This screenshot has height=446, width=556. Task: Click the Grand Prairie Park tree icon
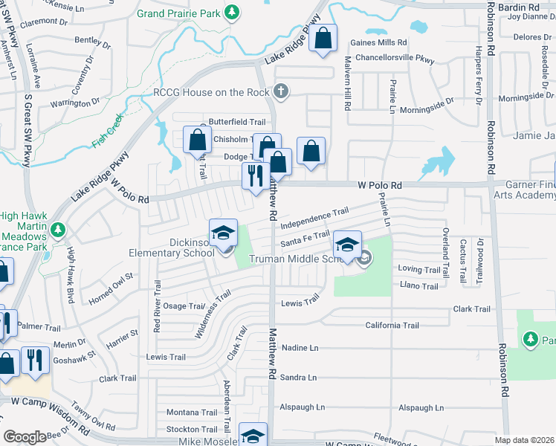233,13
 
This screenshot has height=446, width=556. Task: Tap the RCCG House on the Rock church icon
280,92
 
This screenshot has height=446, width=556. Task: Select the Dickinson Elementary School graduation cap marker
223,233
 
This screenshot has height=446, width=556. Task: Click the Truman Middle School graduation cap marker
347,244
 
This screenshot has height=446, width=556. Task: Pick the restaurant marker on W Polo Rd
255,176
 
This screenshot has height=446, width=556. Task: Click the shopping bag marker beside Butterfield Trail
197,139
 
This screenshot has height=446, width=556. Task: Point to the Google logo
25,437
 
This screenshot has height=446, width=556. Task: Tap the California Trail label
392,326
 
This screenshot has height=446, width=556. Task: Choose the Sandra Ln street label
299,378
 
